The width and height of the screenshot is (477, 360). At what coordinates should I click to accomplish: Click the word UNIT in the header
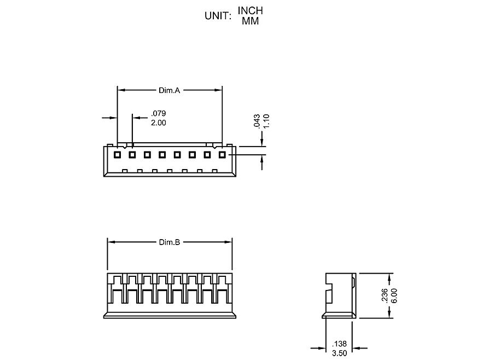pyautogui.click(x=218, y=16)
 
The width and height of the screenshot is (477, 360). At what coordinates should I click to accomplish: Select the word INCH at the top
pyautogui.click(x=250, y=11)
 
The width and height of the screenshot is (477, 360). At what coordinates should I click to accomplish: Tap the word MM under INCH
pyautogui.click(x=250, y=21)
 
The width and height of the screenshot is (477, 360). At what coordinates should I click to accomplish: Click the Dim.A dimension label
pyautogui.click(x=170, y=90)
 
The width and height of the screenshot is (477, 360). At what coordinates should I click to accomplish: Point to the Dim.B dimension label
pyautogui.click(x=170, y=242)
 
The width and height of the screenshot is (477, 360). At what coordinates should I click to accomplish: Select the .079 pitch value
pyautogui.click(x=158, y=113)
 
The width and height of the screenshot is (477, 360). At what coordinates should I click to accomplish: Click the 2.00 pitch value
pyautogui.click(x=158, y=123)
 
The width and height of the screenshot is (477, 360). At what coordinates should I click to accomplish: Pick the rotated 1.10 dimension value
pyautogui.click(x=267, y=121)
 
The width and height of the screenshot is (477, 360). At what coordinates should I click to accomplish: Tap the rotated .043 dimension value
pyautogui.click(x=257, y=121)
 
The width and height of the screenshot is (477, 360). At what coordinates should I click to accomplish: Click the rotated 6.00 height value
pyautogui.click(x=394, y=295)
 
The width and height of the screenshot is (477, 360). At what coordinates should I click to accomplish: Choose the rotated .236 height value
pyautogui.click(x=385, y=295)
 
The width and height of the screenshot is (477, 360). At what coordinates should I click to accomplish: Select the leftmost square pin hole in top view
pyautogui.click(x=117, y=155)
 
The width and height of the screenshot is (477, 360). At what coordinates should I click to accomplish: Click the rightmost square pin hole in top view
pyautogui.click(x=222, y=155)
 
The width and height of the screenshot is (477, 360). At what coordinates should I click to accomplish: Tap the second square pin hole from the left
pyautogui.click(x=132, y=155)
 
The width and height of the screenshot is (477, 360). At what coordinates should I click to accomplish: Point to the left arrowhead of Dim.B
pyautogui.click(x=110, y=242)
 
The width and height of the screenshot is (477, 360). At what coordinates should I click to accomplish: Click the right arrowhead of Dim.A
pyautogui.click(x=219, y=90)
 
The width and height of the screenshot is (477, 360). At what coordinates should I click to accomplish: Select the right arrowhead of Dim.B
pyautogui.click(x=230, y=242)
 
